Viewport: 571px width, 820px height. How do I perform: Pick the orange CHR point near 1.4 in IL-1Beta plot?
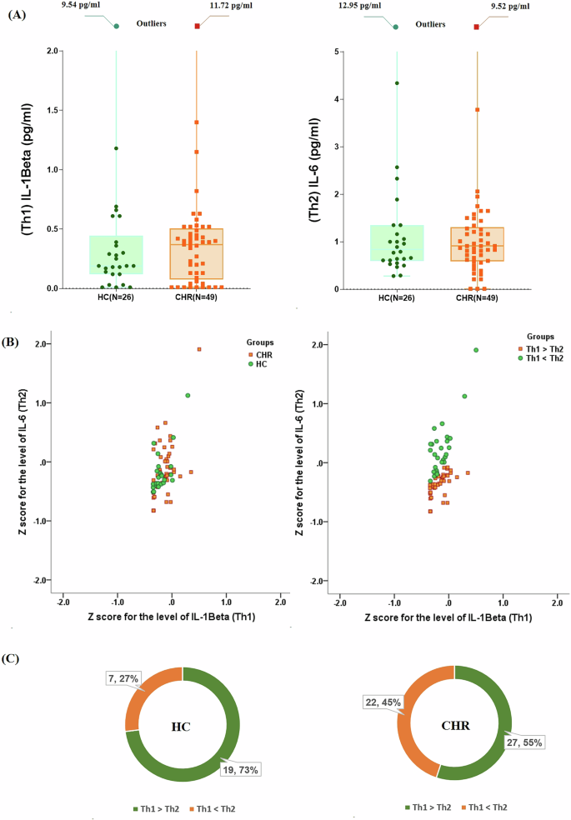[197, 122]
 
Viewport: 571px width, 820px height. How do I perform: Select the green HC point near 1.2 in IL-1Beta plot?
[116, 148]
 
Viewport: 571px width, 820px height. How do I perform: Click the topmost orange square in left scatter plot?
[199, 350]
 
